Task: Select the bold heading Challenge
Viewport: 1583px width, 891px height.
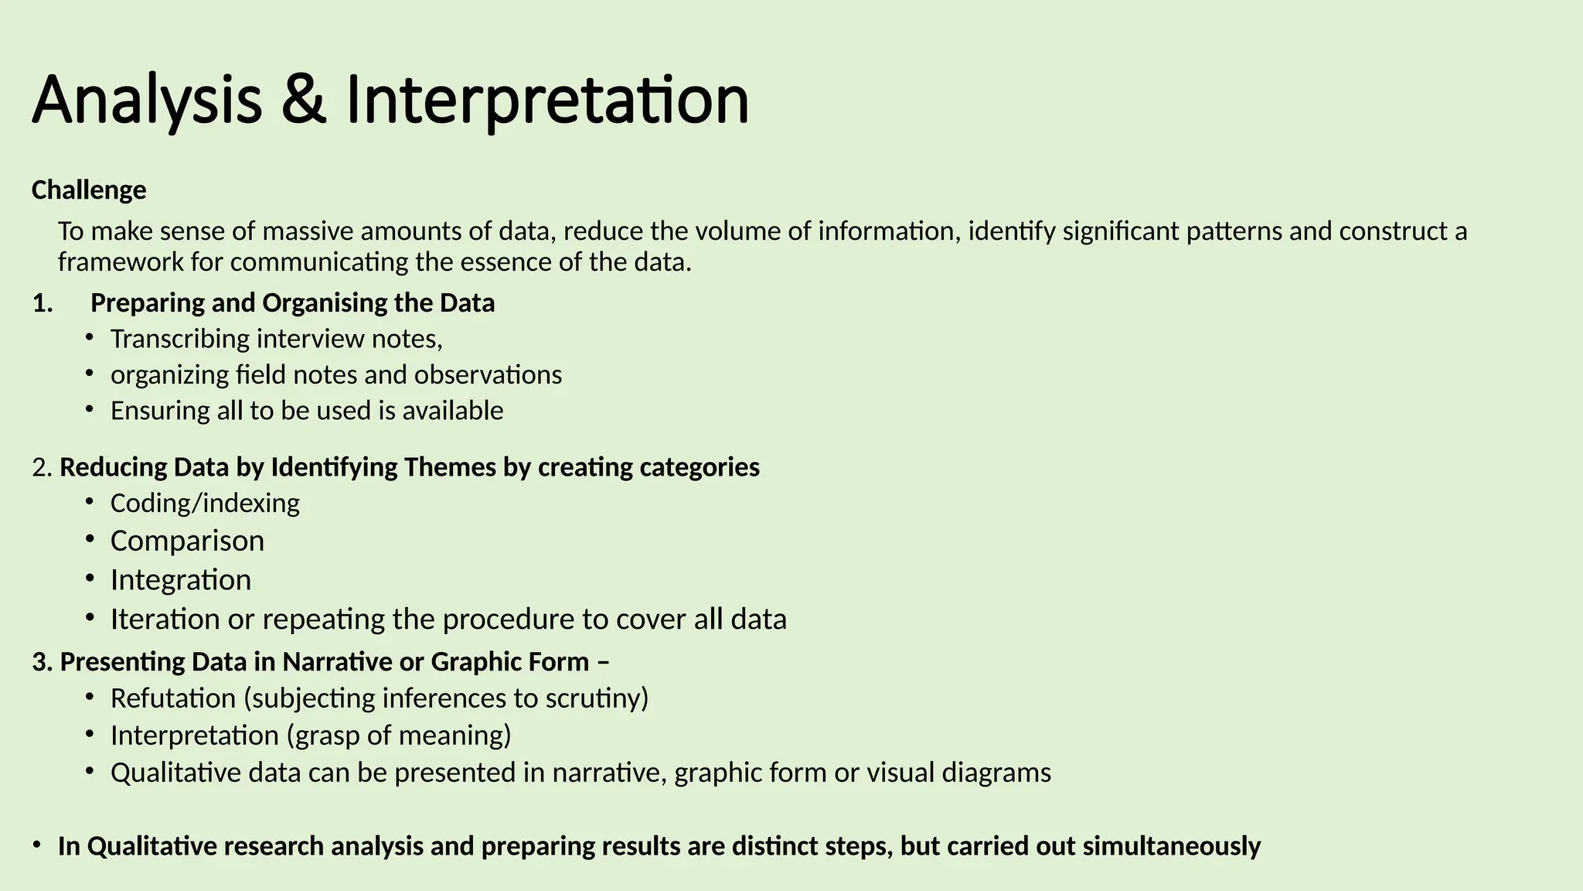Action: [x=89, y=189]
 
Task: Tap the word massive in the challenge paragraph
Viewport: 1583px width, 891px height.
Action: [x=308, y=231]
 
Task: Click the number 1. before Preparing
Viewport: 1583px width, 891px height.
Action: [x=43, y=302]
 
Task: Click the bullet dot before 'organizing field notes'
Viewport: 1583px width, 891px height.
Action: [x=90, y=374]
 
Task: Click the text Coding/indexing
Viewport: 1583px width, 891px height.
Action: [x=205, y=503]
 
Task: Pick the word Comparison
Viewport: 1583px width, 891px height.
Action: [x=187, y=541]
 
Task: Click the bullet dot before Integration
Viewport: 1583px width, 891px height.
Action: [x=90, y=578]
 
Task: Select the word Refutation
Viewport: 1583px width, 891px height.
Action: [x=173, y=698]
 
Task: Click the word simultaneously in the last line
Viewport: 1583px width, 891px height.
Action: [x=1172, y=846]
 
